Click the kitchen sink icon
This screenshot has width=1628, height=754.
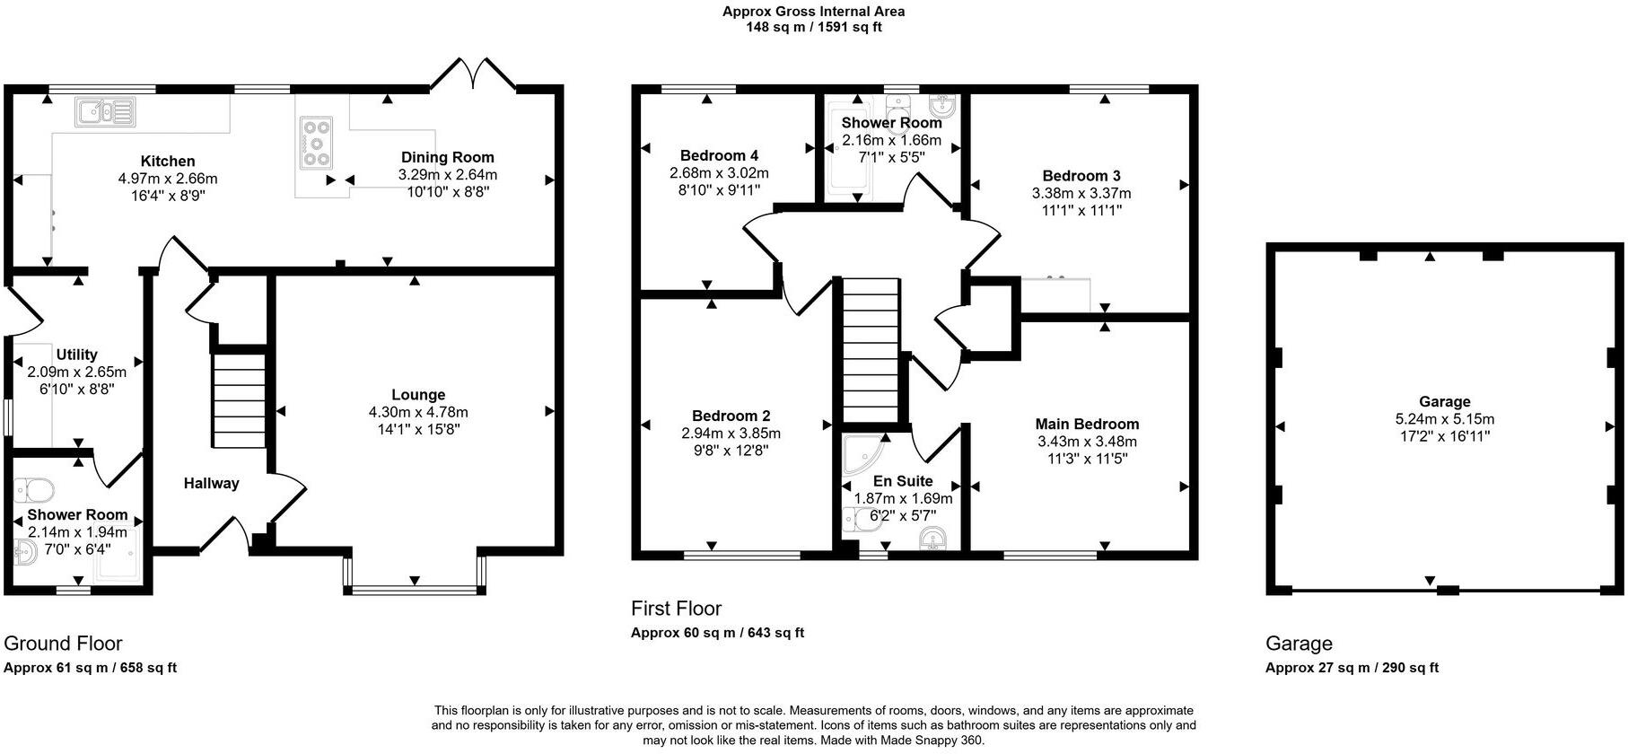105,111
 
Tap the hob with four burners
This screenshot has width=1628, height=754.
317,142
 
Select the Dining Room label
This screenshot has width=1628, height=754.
447,157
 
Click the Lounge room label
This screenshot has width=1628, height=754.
418,395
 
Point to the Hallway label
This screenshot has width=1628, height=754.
211,484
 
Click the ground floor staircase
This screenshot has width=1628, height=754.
239,400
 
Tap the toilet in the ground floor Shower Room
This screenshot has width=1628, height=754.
35,489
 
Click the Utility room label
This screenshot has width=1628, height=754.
76,355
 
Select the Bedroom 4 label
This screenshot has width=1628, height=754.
719,155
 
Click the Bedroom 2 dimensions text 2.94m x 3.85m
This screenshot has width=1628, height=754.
731,434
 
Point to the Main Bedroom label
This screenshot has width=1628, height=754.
1087,424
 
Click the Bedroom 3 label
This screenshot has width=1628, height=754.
1081,176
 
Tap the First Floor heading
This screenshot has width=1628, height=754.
676,609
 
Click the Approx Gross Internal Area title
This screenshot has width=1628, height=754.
813,12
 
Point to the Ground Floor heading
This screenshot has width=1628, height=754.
63,644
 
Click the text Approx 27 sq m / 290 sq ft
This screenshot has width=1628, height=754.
1352,668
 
